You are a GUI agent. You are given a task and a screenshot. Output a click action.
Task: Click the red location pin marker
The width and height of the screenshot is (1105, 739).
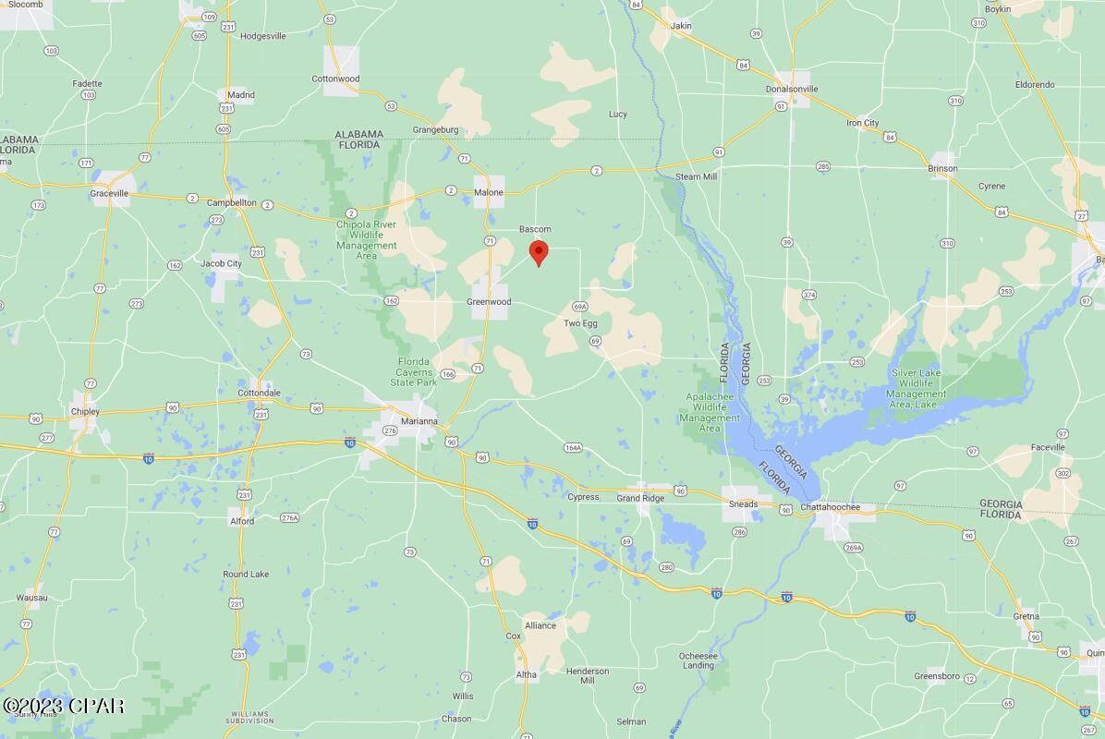(x=538, y=252)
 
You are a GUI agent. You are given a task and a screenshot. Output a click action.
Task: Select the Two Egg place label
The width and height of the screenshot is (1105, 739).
(x=580, y=323)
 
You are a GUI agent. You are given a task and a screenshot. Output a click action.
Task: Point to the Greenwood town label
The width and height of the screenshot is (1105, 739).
(x=489, y=302)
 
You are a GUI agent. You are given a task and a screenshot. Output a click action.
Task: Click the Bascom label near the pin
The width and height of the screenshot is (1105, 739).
(x=535, y=229)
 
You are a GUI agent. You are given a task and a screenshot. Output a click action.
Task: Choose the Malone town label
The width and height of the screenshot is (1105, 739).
(x=489, y=192)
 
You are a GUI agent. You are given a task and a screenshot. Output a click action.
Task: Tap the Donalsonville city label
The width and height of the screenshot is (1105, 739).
(x=793, y=89)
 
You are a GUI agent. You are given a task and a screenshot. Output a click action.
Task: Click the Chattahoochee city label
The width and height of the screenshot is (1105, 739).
(x=831, y=507)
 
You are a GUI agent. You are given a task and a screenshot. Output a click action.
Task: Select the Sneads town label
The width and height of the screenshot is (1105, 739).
(x=743, y=504)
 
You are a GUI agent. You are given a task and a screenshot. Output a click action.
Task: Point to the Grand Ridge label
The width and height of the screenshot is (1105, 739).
(x=640, y=498)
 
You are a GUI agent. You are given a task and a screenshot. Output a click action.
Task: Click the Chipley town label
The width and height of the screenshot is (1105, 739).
(x=85, y=411)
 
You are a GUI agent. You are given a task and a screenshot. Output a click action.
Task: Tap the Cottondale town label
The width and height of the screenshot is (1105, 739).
(x=259, y=393)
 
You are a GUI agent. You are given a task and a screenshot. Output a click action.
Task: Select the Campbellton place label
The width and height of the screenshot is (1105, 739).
(x=231, y=202)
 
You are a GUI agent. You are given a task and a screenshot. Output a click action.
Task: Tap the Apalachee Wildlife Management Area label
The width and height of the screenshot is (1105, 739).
(x=710, y=412)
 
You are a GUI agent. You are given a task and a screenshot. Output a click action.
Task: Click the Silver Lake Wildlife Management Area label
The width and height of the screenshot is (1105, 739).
(x=917, y=388)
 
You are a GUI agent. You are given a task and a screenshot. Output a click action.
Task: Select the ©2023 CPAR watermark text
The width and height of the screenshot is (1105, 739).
(x=64, y=707)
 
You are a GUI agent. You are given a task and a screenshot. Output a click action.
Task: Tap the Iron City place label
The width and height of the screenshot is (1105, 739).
(x=863, y=123)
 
